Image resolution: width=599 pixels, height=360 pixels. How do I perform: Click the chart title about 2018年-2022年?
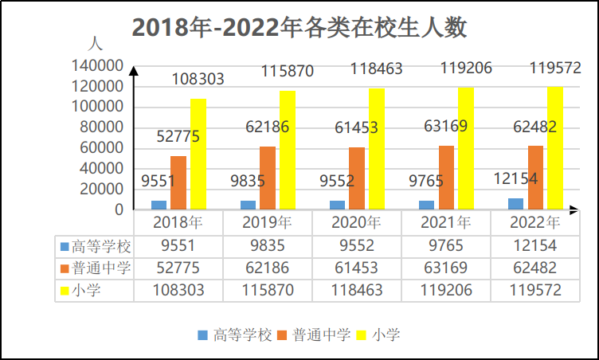click(x=299, y=28)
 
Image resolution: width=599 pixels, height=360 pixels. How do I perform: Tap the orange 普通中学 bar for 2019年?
click(x=268, y=178)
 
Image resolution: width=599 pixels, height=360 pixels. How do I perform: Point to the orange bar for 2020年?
click(x=357, y=178)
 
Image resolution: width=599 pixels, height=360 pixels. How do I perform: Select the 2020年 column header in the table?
click(x=356, y=222)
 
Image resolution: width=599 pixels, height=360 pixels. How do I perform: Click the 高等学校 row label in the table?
click(x=95, y=245)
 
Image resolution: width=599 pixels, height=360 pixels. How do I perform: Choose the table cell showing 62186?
click(x=268, y=268)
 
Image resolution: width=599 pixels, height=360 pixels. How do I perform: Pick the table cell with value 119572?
click(x=534, y=290)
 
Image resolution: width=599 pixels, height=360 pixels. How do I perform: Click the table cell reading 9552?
click(x=356, y=245)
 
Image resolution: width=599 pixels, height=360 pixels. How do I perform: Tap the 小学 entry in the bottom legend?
click(x=386, y=334)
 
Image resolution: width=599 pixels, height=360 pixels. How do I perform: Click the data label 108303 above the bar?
click(x=198, y=80)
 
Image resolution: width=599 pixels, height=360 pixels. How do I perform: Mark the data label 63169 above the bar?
click(x=446, y=126)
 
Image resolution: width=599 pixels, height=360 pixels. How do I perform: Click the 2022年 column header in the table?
click(x=534, y=222)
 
